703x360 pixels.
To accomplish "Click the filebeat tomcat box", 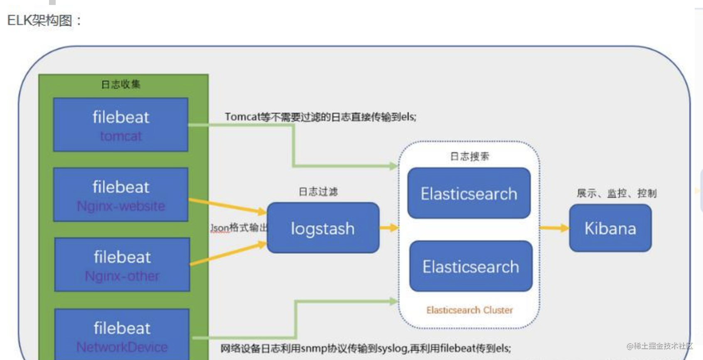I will click(x=120, y=125).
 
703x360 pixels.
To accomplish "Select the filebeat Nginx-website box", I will click(x=120, y=195).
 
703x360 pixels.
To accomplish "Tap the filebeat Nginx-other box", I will click(x=122, y=265).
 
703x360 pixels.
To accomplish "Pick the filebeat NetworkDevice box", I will click(x=122, y=335).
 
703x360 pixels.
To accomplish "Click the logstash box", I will click(x=323, y=228).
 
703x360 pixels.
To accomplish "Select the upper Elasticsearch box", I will click(x=469, y=193).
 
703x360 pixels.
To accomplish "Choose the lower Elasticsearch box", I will click(x=471, y=266).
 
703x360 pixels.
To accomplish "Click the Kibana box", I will click(x=610, y=228).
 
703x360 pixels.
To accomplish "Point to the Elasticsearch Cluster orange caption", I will click(x=469, y=310).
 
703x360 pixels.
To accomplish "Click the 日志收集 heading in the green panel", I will click(x=121, y=84).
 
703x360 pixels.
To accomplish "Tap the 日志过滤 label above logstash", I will click(x=318, y=192).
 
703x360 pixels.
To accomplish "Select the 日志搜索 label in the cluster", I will click(x=470, y=156).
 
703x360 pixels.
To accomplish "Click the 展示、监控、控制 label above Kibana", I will click(x=617, y=193).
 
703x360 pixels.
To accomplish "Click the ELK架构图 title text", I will click(x=44, y=20).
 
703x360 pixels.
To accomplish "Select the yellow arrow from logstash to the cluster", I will click(x=389, y=228).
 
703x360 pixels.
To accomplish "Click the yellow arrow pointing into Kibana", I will click(x=554, y=228).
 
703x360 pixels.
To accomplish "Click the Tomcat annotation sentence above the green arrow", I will click(x=320, y=117).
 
